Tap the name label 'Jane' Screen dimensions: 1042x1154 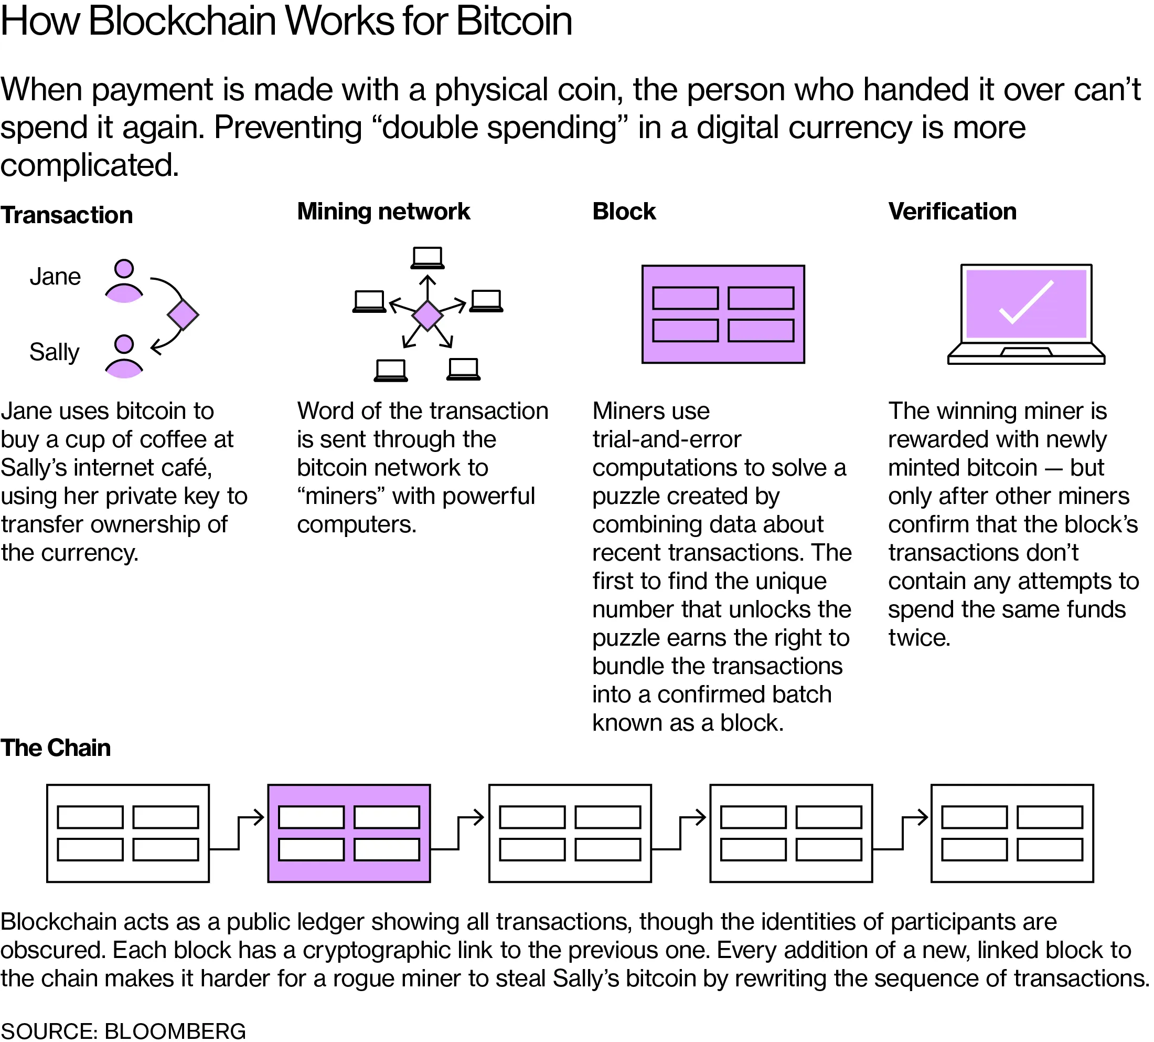pos(55,277)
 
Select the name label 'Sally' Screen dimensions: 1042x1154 pos(54,352)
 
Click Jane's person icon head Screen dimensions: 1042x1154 pos(124,269)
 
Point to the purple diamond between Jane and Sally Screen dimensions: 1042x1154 pos(183,314)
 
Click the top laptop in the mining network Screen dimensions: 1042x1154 pos(427,258)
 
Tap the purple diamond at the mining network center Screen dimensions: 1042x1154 pos(428,315)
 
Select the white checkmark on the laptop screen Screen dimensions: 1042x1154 pos(1026,302)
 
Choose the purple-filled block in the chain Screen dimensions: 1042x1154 pos(348,833)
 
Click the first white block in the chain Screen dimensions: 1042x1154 pos(127,833)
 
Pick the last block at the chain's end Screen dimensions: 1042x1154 pos(1011,833)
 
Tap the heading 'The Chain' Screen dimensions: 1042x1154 pos(56,748)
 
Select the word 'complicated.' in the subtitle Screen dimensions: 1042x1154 pos(89,165)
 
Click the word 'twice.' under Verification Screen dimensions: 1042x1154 pos(919,638)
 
